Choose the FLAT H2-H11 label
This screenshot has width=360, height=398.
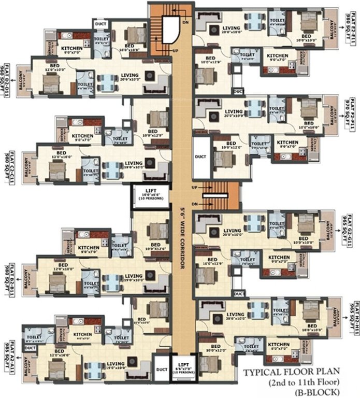tap(352, 321)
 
